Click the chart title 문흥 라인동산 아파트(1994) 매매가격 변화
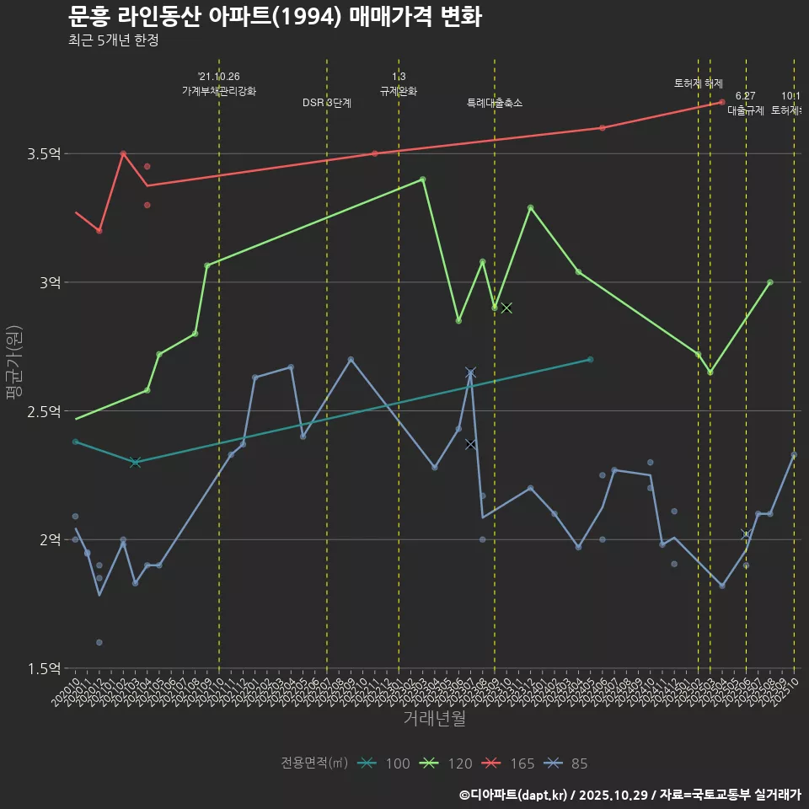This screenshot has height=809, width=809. (275, 16)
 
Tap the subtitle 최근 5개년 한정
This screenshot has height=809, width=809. (113, 40)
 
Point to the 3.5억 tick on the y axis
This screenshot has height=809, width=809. (44, 153)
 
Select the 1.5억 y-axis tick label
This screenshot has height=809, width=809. (44, 668)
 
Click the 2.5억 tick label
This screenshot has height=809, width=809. (44, 411)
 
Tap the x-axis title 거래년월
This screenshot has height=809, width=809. (434, 719)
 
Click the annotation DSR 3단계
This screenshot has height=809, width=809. (327, 103)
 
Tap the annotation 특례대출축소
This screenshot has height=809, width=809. (495, 103)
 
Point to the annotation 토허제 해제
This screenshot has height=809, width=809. (699, 83)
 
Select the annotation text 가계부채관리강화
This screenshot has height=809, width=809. (219, 91)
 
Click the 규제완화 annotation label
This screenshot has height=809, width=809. (399, 91)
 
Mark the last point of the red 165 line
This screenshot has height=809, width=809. (722, 102)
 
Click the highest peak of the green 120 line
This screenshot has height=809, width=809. (422, 179)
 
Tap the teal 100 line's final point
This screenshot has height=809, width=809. (590, 360)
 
